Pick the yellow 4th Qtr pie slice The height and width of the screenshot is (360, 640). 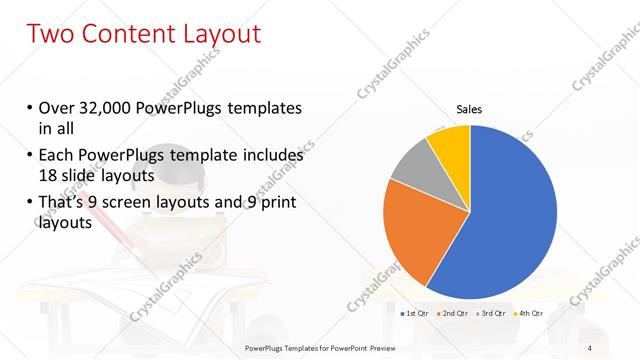pos(451,146)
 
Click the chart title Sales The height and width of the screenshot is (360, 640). pos(469,109)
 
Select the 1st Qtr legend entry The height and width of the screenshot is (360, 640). pos(414,314)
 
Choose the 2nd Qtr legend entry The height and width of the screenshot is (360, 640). pos(454,314)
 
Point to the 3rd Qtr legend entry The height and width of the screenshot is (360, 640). pos(493,314)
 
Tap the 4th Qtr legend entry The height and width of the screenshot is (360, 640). pos(529,314)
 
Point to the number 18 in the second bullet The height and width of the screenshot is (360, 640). pos(48,176)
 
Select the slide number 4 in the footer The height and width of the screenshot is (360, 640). pos(589,347)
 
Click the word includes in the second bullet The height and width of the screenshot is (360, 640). pos(268,157)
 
